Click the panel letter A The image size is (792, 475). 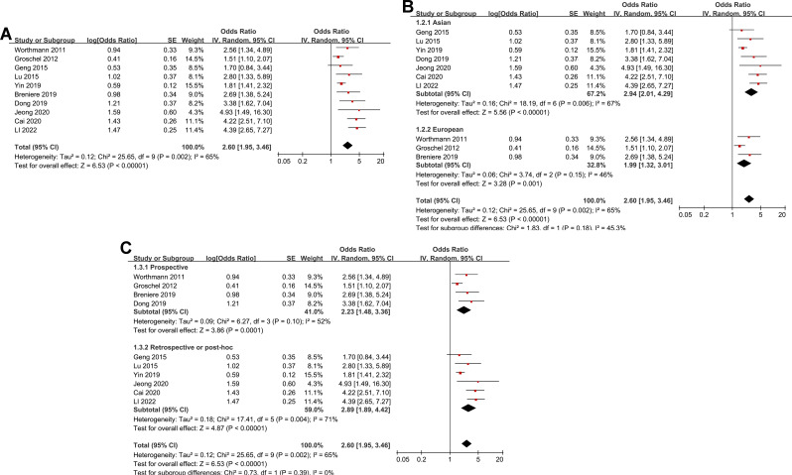(9, 33)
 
